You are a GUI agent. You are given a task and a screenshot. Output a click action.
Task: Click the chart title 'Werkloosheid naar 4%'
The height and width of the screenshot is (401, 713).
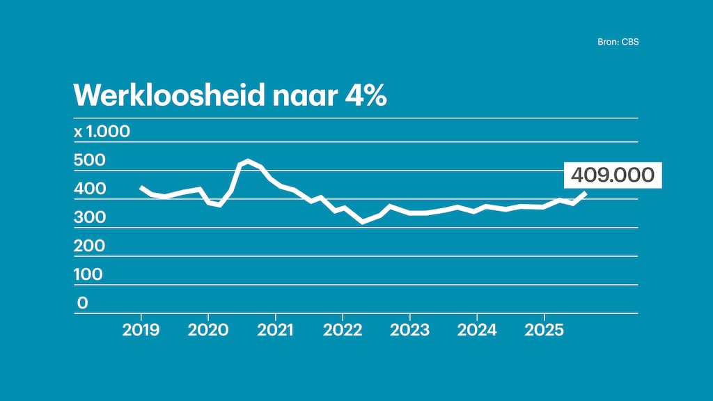click(230, 95)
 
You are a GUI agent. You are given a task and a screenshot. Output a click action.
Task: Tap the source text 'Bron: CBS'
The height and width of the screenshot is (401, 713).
click(618, 42)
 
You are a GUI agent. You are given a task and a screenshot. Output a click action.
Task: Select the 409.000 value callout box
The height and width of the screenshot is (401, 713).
click(612, 175)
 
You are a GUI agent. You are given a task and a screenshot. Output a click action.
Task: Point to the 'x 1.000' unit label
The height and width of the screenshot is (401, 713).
click(102, 132)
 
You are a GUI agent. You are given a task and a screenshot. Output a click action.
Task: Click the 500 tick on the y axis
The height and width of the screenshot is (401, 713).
click(89, 160)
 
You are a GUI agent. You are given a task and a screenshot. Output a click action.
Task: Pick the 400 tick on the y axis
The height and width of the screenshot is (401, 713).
click(89, 189)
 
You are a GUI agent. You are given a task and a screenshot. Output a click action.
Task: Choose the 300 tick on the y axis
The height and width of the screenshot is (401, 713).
click(89, 217)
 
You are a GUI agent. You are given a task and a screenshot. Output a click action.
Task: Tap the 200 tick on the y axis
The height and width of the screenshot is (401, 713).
click(89, 246)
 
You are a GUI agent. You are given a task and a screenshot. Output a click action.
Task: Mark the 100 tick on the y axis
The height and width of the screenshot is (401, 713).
click(88, 274)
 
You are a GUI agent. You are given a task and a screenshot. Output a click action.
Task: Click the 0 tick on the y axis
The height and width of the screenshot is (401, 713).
click(82, 303)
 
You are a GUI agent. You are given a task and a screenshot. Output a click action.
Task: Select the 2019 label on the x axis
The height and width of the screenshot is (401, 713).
click(141, 330)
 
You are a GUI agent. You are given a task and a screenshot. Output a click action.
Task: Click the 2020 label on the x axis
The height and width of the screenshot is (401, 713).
click(208, 330)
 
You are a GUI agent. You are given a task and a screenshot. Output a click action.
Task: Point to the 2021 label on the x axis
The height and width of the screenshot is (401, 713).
click(275, 330)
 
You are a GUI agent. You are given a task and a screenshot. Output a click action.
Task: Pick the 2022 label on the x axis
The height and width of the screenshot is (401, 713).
click(343, 330)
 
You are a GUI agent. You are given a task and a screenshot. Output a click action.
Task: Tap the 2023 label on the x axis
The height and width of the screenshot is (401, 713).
click(409, 330)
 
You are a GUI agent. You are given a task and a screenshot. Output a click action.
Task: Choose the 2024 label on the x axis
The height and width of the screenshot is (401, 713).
click(477, 330)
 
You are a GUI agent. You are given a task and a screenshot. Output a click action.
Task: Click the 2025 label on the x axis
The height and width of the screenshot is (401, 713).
click(544, 330)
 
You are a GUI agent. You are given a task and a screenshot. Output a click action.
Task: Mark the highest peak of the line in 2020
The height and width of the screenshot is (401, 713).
click(249, 161)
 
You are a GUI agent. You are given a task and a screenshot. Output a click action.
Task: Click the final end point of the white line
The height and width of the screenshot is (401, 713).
click(586, 194)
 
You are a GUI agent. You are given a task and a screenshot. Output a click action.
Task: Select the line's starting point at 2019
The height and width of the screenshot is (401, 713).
click(141, 187)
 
